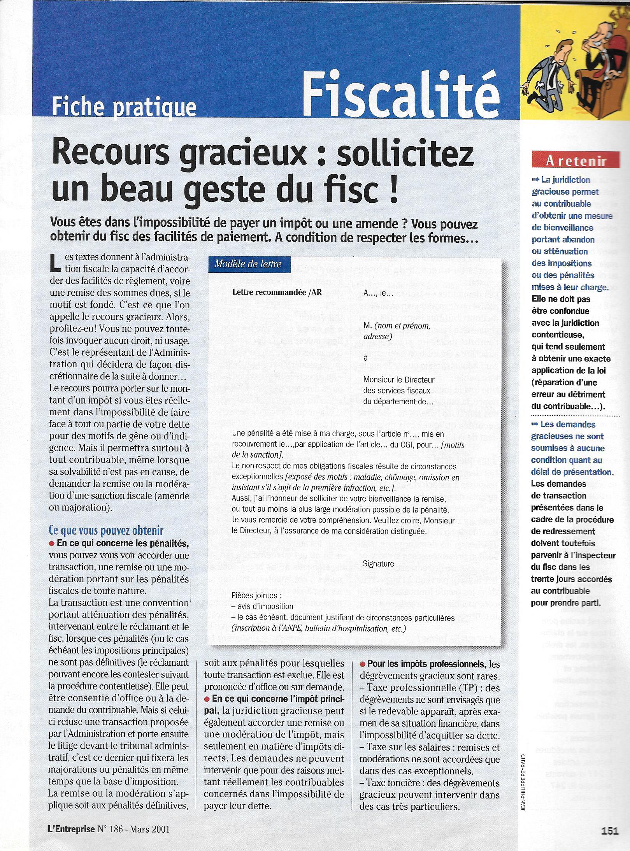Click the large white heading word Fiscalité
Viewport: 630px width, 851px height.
(x=401, y=92)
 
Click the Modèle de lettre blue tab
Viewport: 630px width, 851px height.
(x=248, y=264)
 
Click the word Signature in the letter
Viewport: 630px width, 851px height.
(x=378, y=563)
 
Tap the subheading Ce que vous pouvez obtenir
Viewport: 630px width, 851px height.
(x=106, y=531)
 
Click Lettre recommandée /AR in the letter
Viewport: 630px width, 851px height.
(x=277, y=293)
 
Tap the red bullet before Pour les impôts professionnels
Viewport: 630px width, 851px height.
(x=363, y=663)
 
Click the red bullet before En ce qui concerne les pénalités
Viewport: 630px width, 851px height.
(x=52, y=543)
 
